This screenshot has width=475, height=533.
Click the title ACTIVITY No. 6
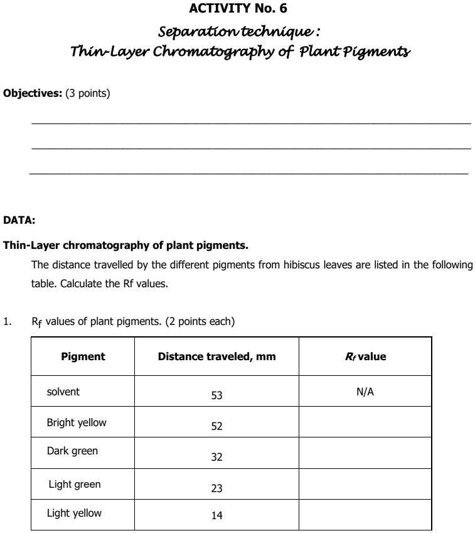(x=238, y=9)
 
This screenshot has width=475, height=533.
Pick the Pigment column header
(x=83, y=356)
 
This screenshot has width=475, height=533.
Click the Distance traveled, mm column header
(x=216, y=356)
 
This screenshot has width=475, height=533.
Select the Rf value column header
(x=365, y=356)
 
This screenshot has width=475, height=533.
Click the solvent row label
(x=63, y=392)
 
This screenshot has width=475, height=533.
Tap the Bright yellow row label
(x=77, y=422)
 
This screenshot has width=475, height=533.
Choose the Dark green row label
(x=72, y=451)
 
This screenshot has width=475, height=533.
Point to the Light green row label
(x=75, y=484)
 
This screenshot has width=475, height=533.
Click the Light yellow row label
(x=74, y=513)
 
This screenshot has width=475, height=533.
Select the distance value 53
(x=216, y=396)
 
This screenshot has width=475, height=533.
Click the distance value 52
(x=216, y=426)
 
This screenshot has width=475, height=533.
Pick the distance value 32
(x=216, y=457)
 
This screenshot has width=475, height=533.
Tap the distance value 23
(x=216, y=488)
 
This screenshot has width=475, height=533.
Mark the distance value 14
(x=216, y=516)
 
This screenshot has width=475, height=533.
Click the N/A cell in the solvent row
(x=365, y=392)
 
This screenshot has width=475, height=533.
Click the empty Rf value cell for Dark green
(x=365, y=453)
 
